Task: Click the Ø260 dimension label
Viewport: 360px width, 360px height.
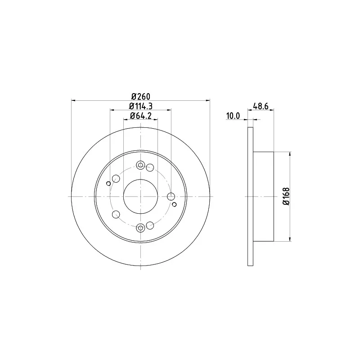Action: pos(141,96)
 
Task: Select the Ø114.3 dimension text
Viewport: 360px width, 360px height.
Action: pos(141,106)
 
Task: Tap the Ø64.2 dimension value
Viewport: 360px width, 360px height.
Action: pos(141,116)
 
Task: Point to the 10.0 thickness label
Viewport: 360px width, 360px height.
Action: pos(233,116)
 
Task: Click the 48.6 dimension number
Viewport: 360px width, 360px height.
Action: pos(261,106)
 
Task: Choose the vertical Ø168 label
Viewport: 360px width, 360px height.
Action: pos(286,197)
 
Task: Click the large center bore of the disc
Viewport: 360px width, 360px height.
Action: pos(140,197)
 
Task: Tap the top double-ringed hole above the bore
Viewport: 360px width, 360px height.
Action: pos(140,165)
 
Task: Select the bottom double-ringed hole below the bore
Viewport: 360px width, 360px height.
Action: pos(140,228)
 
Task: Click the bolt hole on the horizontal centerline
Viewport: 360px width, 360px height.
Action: pos(171,197)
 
